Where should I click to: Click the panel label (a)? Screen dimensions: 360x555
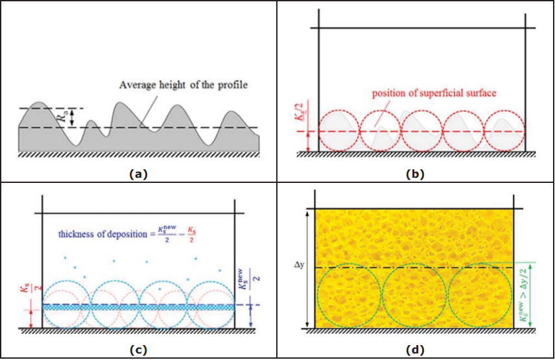(139, 173)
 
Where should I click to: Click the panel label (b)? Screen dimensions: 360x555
(414, 173)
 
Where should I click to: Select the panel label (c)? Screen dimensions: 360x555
(138, 350)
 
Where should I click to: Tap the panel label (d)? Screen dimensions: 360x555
(415, 350)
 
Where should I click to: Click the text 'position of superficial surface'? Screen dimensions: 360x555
(434, 93)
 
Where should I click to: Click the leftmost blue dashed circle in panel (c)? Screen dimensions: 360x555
(66, 305)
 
